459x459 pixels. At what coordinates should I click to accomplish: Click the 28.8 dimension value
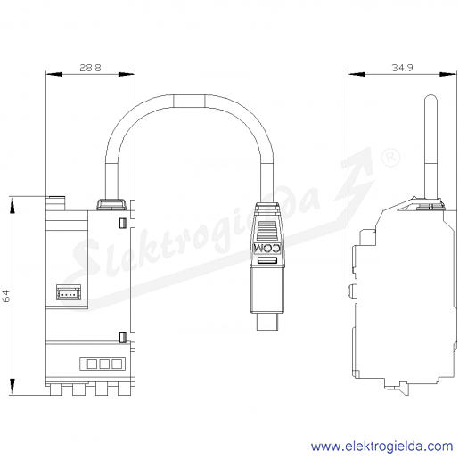90,68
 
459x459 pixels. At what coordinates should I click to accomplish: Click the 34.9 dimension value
402,68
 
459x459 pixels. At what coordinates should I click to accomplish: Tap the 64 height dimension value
6,296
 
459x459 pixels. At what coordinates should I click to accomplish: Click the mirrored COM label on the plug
267,249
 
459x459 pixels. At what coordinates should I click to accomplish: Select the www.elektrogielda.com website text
381,447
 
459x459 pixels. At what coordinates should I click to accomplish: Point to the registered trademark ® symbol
390,158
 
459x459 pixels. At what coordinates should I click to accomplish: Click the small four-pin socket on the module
69,292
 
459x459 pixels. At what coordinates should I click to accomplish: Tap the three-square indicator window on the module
102,364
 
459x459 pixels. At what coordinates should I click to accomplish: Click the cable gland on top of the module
111,204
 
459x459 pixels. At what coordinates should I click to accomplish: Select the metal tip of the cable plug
267,322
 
